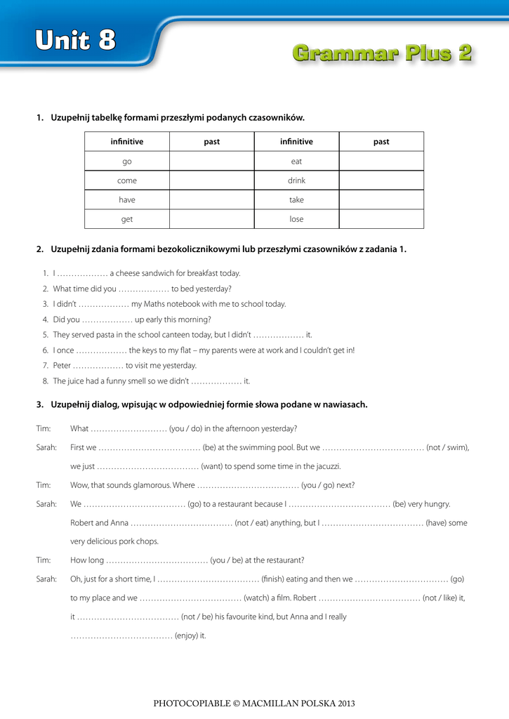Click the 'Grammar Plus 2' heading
point(381,53)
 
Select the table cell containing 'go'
point(127,161)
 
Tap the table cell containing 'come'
point(127,180)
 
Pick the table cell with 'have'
point(127,200)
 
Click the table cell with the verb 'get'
point(127,219)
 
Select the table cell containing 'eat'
point(296,161)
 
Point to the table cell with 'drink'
point(296,180)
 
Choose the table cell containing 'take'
point(296,200)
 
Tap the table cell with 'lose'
point(296,219)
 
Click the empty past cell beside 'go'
point(211,161)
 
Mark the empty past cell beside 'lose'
point(381,219)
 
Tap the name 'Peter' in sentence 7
point(62,366)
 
